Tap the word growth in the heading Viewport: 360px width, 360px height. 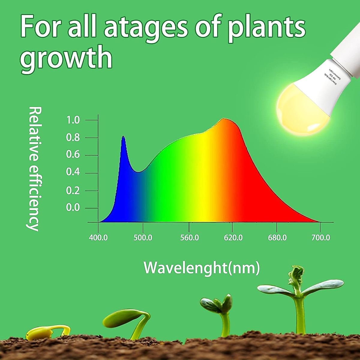pyautogui.click(x=66, y=57)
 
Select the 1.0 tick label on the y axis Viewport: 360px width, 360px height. pyautogui.click(x=73, y=120)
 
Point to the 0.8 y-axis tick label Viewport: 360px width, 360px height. pyautogui.click(x=73, y=138)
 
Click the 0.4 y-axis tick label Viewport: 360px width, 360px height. pyautogui.click(x=73, y=172)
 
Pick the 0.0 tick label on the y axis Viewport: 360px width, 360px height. pyautogui.click(x=73, y=208)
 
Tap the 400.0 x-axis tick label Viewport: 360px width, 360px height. pyautogui.click(x=98, y=238)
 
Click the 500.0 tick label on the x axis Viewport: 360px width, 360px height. pyautogui.click(x=143, y=238)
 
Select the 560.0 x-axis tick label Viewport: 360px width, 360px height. pyautogui.click(x=189, y=238)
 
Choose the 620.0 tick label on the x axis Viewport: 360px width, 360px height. pyautogui.click(x=233, y=238)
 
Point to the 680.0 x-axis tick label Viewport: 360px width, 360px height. pyautogui.click(x=277, y=238)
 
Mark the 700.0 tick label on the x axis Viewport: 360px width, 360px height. pyautogui.click(x=320, y=238)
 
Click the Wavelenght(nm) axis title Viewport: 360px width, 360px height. pyautogui.click(x=202, y=268)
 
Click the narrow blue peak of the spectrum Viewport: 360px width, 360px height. pyautogui.click(x=123, y=139)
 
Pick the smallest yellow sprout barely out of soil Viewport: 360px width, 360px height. pyautogui.click(x=48, y=331)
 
